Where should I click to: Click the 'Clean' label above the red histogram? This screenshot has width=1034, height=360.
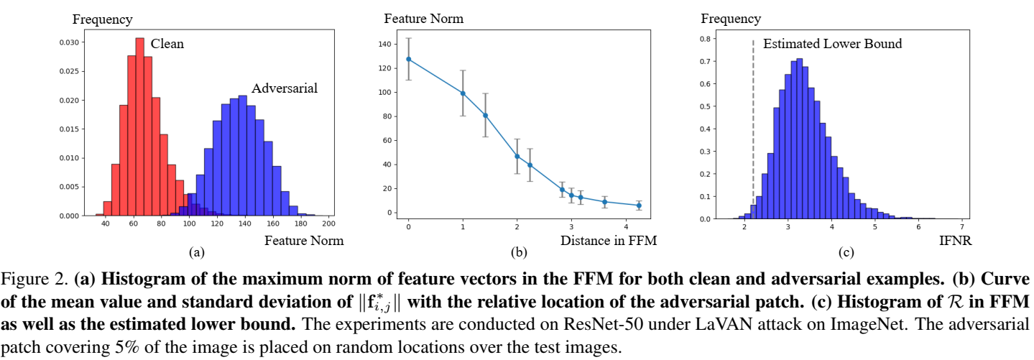pos(167,45)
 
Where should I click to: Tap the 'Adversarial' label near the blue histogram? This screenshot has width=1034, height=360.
pos(284,89)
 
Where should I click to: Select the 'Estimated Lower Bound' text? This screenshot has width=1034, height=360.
pos(832,45)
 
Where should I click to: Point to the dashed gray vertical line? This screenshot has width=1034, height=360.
pos(753,129)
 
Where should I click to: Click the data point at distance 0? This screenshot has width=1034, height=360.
pos(408,59)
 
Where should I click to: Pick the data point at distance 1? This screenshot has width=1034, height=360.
pos(463,93)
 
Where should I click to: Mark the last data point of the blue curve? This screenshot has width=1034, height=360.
pos(639,206)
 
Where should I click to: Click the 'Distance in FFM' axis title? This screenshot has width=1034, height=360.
pos(609,241)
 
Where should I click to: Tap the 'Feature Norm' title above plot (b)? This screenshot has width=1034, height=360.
pos(424,18)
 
